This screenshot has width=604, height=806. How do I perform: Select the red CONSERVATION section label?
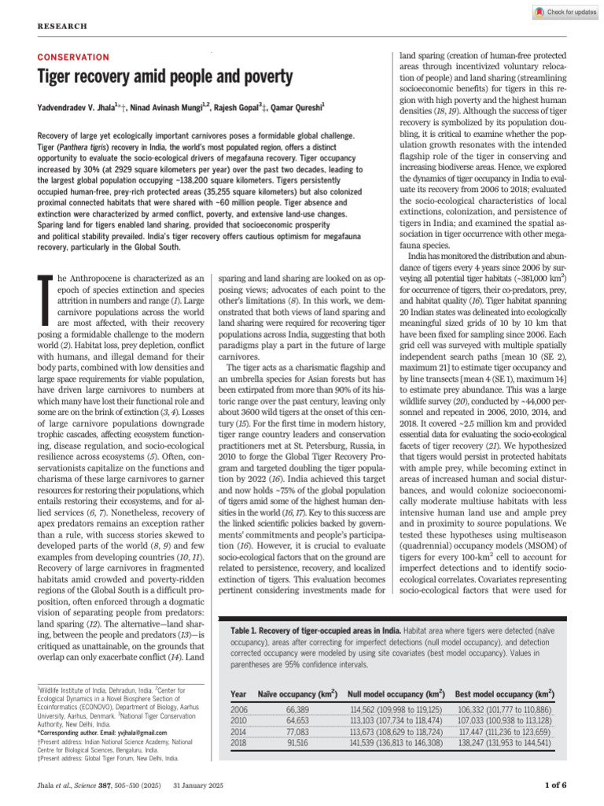coord(74,57)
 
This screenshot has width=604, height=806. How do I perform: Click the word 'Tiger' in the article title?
coord(58,77)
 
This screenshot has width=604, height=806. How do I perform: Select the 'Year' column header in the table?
coord(238,694)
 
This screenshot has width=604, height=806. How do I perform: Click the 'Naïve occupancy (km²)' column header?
coord(297,694)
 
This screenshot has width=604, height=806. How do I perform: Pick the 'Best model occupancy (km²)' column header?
coord(503,694)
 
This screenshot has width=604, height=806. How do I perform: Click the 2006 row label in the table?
coord(239,710)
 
